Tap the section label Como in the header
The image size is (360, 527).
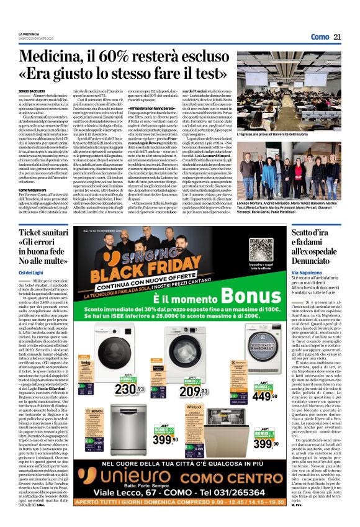(320, 37)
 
